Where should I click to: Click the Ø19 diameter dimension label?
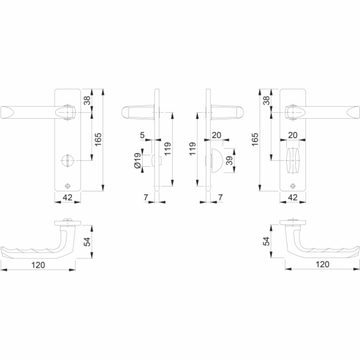(x=137, y=160)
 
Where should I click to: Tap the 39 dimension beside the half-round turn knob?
(x=229, y=160)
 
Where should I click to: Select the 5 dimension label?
(x=142, y=135)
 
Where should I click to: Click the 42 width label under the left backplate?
(x=67, y=197)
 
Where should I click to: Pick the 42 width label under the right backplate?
(x=293, y=197)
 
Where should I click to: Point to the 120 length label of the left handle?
(x=38, y=265)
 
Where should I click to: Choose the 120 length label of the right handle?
(x=322, y=264)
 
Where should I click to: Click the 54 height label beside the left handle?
(x=87, y=242)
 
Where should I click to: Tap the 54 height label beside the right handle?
(x=266, y=241)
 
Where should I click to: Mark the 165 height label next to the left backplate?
(x=98, y=139)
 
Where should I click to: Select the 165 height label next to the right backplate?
(x=254, y=139)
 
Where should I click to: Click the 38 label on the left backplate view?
(x=87, y=100)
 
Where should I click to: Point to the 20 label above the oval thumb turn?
(x=293, y=135)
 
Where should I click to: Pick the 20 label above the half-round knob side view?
(x=216, y=135)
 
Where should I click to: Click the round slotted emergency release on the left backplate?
(x=67, y=160)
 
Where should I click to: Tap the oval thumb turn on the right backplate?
(x=293, y=160)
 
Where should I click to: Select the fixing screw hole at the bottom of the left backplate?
(x=67, y=186)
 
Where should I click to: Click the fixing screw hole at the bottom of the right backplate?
(x=293, y=186)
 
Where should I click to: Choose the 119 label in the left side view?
(x=167, y=149)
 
